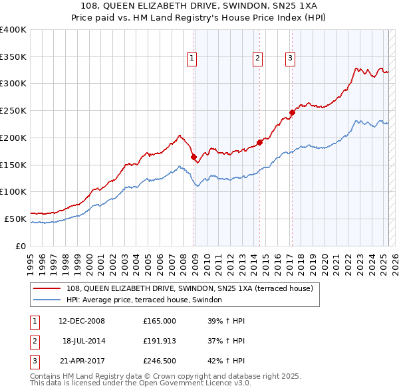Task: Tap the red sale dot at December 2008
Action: click(x=194, y=157)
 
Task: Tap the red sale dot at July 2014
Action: click(x=259, y=142)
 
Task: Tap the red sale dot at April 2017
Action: click(x=292, y=112)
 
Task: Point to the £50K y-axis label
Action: click(x=15, y=219)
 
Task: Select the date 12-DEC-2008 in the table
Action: click(x=82, y=321)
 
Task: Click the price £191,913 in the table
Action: click(x=160, y=341)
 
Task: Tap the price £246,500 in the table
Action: click(x=160, y=361)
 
